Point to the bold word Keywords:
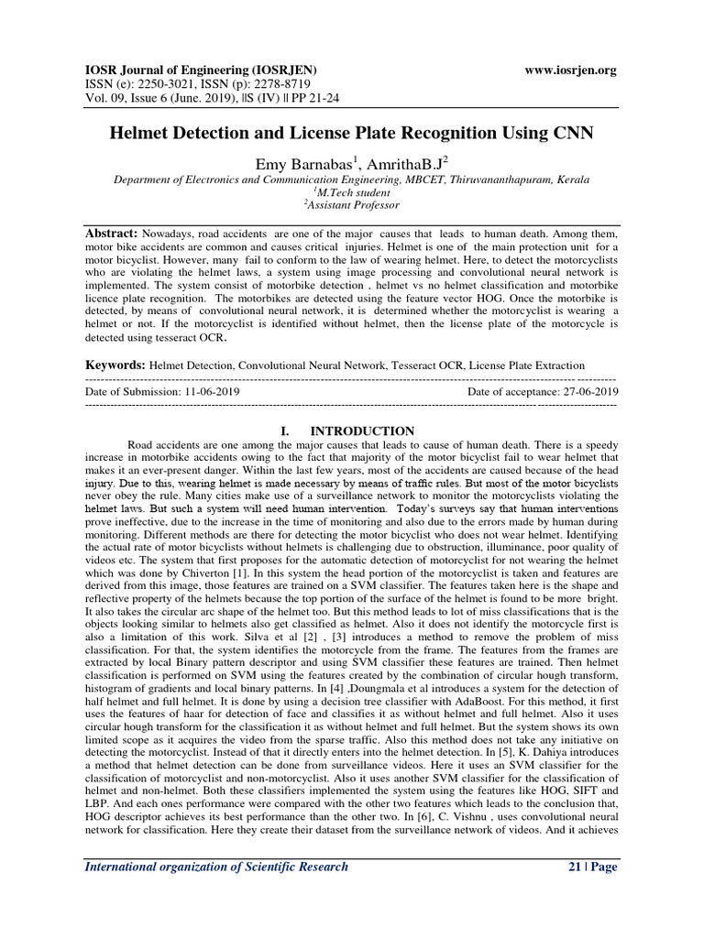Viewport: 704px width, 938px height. click(x=115, y=365)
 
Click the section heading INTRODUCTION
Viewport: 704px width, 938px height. click(x=362, y=431)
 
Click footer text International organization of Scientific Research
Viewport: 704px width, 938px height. click(x=216, y=867)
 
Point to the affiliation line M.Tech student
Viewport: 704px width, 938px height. click(x=352, y=192)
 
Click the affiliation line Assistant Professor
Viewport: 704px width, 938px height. click(x=352, y=206)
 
